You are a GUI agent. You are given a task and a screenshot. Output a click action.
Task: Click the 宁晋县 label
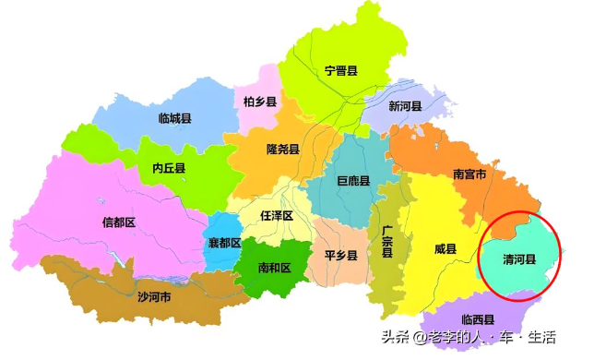click(x=340, y=71)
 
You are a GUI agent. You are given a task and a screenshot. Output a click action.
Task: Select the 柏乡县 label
click(x=260, y=102)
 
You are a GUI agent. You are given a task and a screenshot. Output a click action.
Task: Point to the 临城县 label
click(x=174, y=118)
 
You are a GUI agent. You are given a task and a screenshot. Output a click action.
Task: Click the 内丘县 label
click(x=169, y=168)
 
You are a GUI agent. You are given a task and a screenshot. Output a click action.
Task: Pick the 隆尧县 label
click(x=282, y=149)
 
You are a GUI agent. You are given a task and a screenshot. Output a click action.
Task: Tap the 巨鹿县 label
click(x=352, y=181)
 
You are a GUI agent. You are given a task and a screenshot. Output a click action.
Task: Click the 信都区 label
click(x=118, y=222)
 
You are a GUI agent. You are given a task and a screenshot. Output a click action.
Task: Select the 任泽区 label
click(x=277, y=215)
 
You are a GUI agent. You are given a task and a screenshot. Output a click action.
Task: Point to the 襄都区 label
click(x=223, y=243)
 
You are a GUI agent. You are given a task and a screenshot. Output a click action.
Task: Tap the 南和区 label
click(x=274, y=268)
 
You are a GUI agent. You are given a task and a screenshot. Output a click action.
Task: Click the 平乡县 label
click(x=340, y=255)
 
